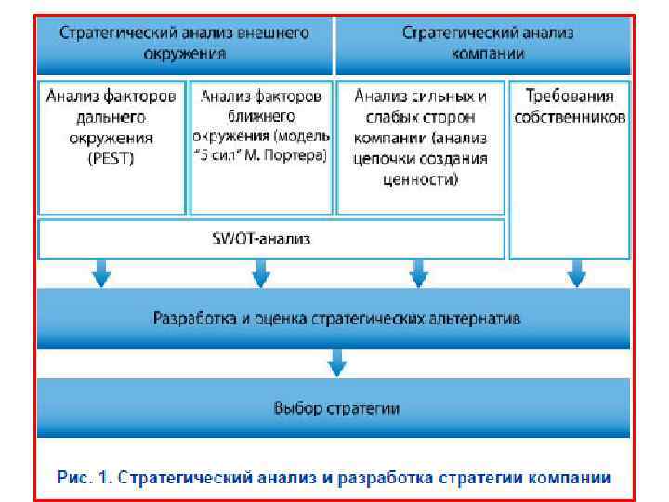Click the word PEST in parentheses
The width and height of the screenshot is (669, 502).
point(113,158)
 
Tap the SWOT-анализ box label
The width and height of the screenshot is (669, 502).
point(270,239)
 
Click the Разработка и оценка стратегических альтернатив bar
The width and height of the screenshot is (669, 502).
point(336,319)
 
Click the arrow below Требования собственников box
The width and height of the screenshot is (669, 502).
point(576,273)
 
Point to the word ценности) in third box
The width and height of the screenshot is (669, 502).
point(420,178)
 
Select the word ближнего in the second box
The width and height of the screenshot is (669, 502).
point(261,116)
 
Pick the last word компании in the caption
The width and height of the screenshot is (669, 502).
point(574,478)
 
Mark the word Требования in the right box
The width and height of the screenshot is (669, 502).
point(569,96)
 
